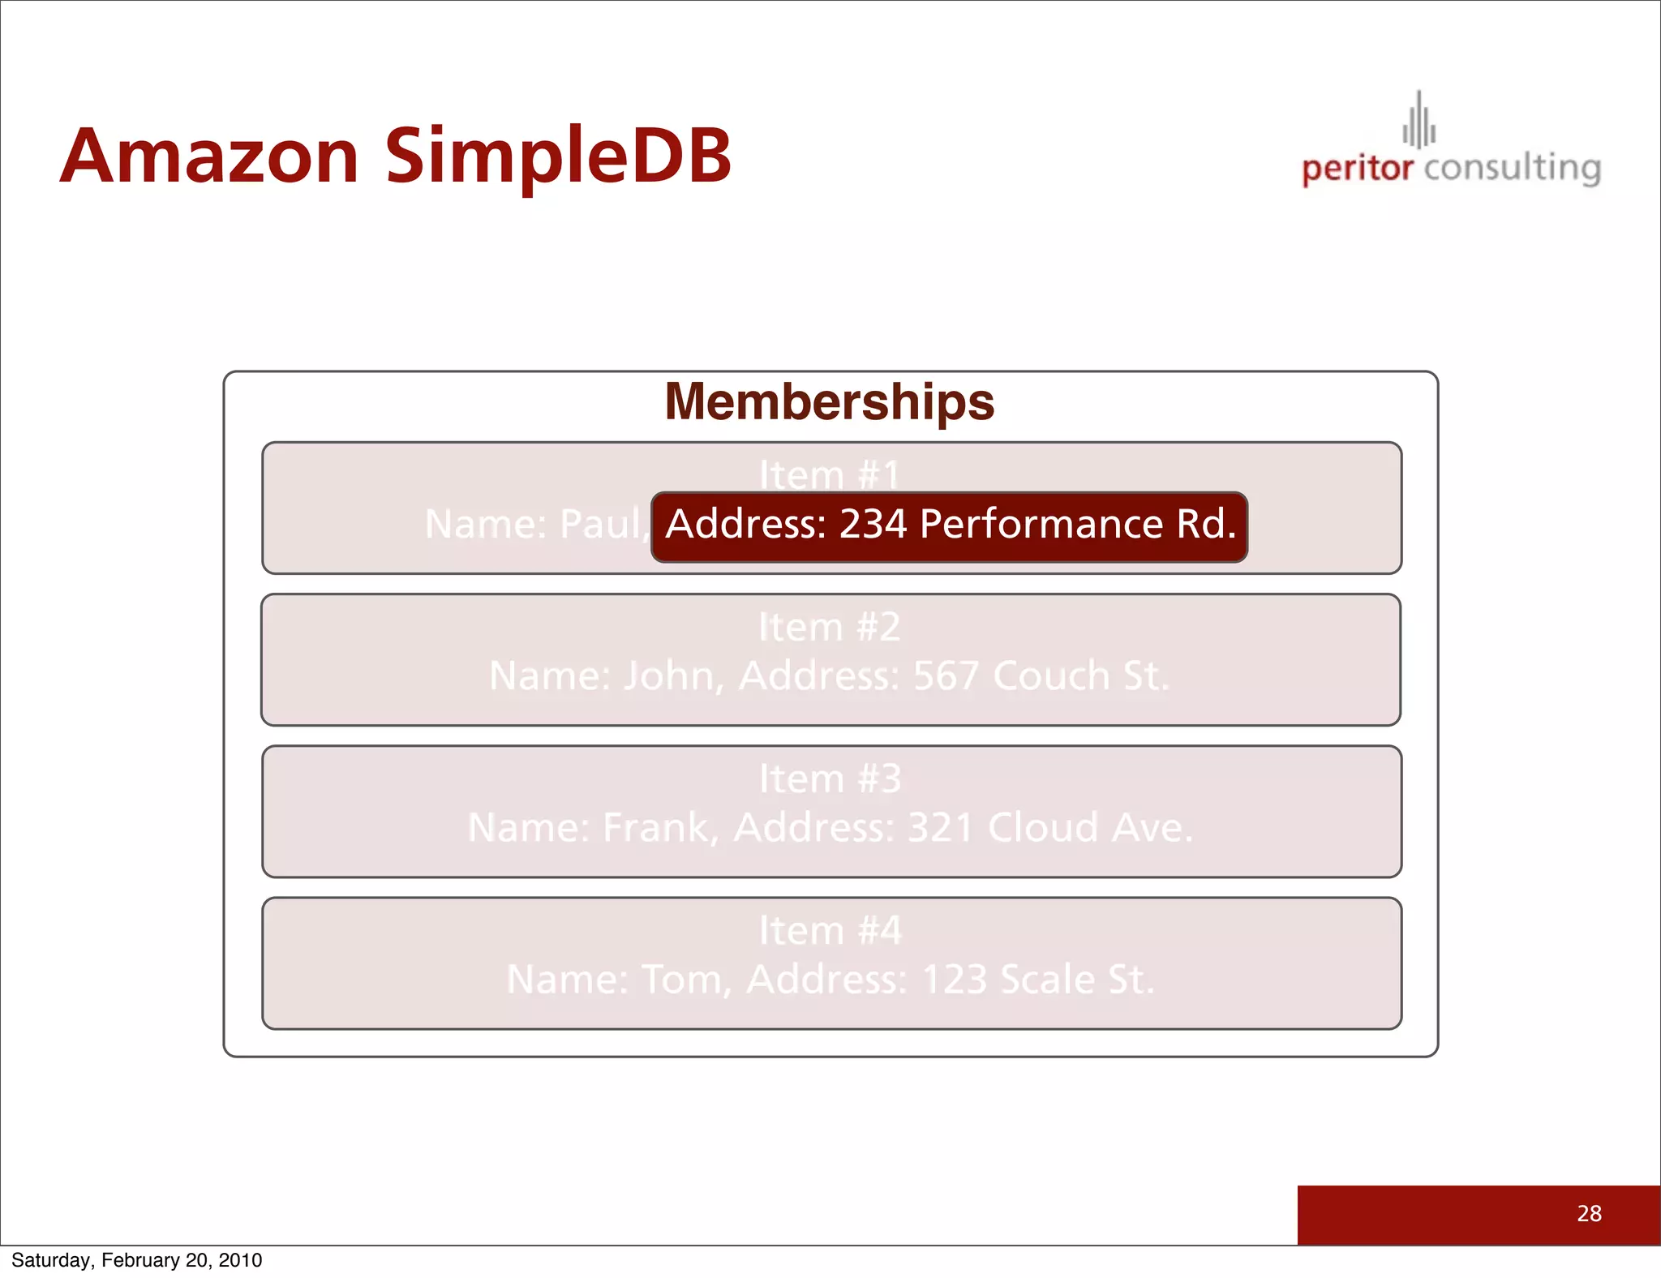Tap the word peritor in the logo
click(x=1357, y=169)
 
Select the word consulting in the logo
click(x=1512, y=169)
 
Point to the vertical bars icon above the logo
click(x=1419, y=122)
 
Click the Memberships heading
click(x=829, y=401)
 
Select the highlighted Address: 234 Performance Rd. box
click(x=949, y=525)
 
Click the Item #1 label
click(x=830, y=475)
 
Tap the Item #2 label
click(x=830, y=627)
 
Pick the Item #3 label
click(x=830, y=778)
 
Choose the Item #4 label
click(x=830, y=930)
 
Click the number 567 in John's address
click(x=946, y=675)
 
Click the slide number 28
click(x=1589, y=1213)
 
